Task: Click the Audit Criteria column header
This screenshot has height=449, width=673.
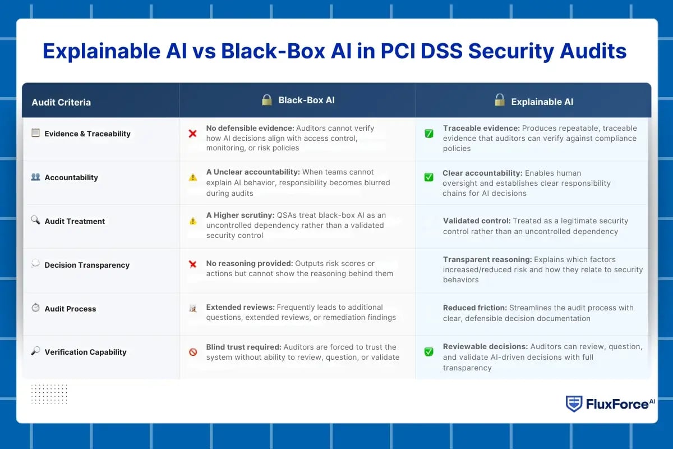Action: pyautogui.click(x=61, y=102)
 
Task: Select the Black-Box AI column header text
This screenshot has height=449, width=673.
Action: pyautogui.click(x=306, y=100)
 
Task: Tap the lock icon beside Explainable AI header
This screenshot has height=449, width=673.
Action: pyautogui.click(x=499, y=100)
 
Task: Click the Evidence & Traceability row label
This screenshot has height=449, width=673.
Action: pyautogui.click(x=87, y=134)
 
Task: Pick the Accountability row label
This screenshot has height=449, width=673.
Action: pyautogui.click(x=71, y=177)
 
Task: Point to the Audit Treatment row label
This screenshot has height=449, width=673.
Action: pyautogui.click(x=75, y=221)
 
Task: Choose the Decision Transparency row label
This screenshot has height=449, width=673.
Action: pyautogui.click(x=87, y=265)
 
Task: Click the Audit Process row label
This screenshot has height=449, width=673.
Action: pyautogui.click(x=70, y=309)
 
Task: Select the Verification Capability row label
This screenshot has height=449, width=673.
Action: pyautogui.click(x=85, y=352)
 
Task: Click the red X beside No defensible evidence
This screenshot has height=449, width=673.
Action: pyautogui.click(x=192, y=134)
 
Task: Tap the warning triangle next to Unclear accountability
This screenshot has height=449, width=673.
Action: pyautogui.click(x=192, y=177)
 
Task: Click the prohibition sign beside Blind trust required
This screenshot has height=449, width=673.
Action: pyautogui.click(x=193, y=352)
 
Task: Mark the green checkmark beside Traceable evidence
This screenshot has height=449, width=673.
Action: pyautogui.click(x=428, y=134)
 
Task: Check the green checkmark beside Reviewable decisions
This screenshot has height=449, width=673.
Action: pyautogui.click(x=428, y=352)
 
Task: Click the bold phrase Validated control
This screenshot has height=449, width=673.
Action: pyautogui.click(x=476, y=221)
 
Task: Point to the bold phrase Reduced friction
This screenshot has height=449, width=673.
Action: pyautogui.click(x=474, y=308)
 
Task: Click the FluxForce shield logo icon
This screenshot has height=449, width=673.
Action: pyautogui.click(x=573, y=404)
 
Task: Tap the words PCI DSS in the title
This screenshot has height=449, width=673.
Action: pyautogui.click(x=422, y=51)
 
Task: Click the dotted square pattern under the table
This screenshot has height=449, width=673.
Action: pyautogui.click(x=49, y=394)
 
